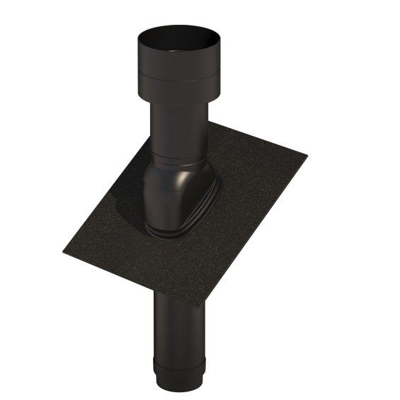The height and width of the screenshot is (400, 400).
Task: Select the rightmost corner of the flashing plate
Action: pos(307,156)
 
